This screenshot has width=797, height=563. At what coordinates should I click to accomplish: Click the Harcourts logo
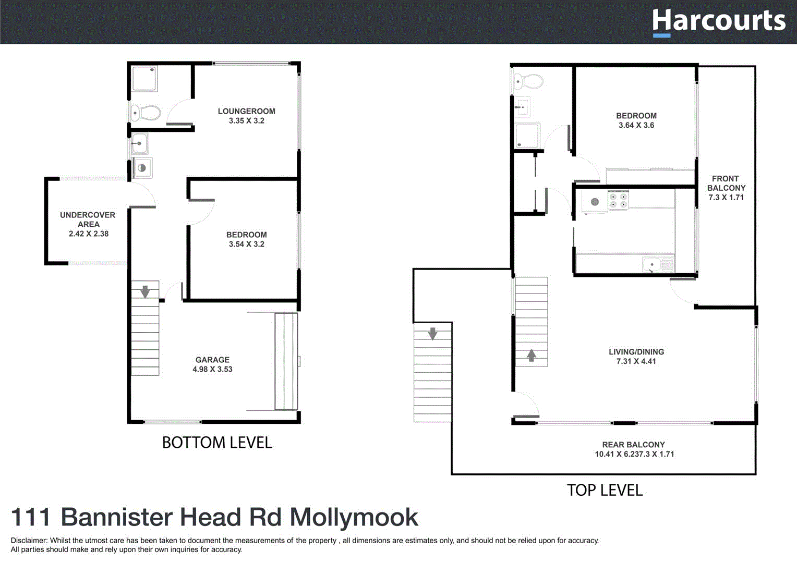tap(718, 22)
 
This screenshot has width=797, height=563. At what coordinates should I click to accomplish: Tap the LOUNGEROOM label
tap(246, 111)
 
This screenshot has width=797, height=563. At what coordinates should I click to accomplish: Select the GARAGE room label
tap(212, 360)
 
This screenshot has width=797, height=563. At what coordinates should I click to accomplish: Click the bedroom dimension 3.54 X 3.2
tap(246, 244)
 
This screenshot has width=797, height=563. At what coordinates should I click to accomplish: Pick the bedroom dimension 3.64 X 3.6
tap(636, 125)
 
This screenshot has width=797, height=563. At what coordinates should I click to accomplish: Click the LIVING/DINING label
tap(636, 352)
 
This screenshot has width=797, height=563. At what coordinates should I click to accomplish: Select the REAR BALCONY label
tap(633, 445)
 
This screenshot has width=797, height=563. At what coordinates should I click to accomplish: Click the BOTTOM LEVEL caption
tap(217, 443)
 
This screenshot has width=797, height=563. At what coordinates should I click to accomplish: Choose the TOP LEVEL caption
tap(605, 490)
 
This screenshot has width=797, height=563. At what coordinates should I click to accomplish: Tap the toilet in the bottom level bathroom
tap(146, 113)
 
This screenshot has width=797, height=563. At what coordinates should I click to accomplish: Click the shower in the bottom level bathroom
tap(144, 79)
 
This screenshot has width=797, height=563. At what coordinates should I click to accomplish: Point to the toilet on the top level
tap(528, 81)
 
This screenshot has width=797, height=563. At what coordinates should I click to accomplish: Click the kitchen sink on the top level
tap(652, 265)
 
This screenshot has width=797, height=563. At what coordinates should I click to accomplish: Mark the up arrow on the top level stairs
tap(531, 356)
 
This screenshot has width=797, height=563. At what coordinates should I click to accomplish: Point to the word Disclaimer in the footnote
tap(29, 541)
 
